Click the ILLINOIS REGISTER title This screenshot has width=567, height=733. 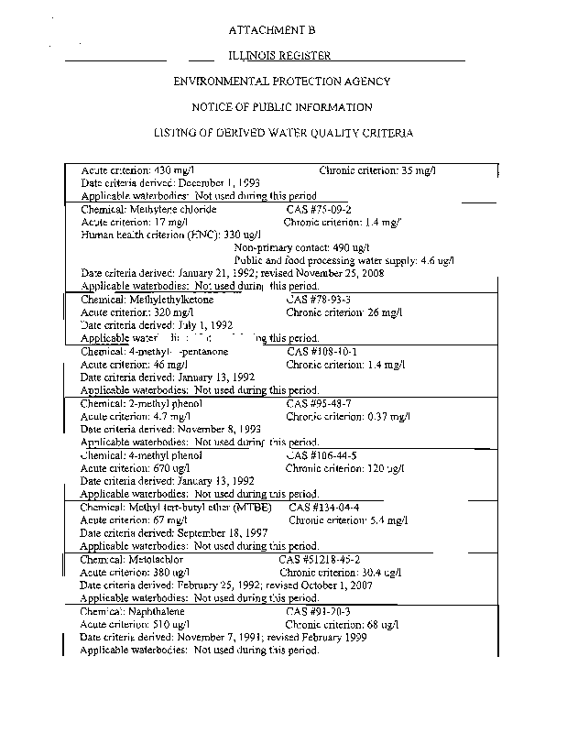(x=279, y=56)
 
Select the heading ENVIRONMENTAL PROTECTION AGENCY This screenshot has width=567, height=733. (x=282, y=82)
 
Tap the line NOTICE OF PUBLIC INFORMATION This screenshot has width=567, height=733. (x=282, y=107)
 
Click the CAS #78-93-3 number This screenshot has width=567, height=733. (x=319, y=300)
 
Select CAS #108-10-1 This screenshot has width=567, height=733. (x=321, y=351)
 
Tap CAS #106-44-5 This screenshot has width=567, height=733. (x=321, y=454)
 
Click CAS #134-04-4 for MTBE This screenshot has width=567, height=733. (x=324, y=507)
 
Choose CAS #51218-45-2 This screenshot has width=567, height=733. (x=319, y=558)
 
